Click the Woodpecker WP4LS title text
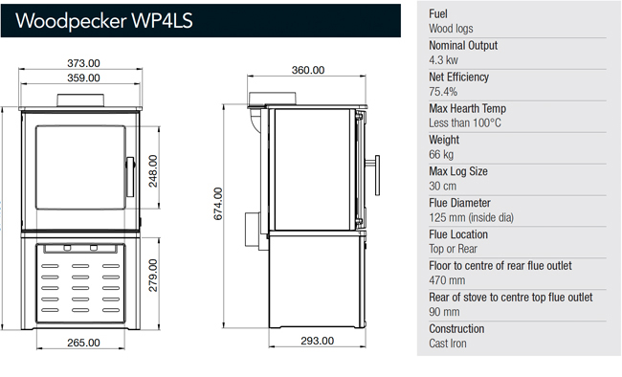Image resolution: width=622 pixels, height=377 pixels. point(104,21)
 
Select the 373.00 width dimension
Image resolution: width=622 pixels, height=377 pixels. point(83,63)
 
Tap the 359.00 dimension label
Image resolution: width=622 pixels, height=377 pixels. point(83,78)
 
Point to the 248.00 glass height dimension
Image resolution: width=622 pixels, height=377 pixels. point(153,171)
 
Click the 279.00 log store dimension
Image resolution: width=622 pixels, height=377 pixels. point(153,276)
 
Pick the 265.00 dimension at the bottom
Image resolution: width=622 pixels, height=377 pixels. point(83,343)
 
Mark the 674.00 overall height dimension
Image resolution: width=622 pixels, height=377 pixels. point(218,204)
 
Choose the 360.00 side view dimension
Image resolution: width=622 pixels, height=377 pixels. point(308,70)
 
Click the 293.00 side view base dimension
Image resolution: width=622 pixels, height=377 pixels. point(317,341)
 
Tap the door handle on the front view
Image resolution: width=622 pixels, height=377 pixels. point(130,177)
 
